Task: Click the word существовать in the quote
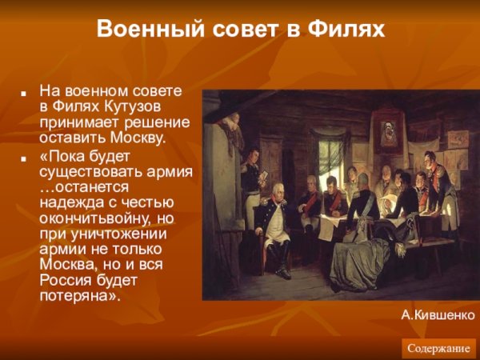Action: (x=87, y=170)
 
